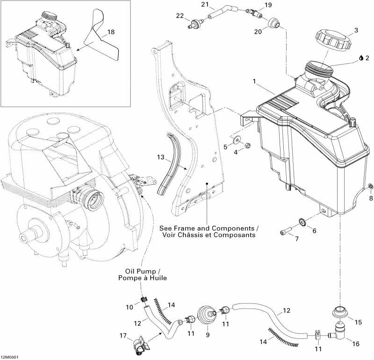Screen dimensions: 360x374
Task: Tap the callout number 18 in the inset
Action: coord(110,32)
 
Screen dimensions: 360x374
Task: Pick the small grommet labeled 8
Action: coord(370,187)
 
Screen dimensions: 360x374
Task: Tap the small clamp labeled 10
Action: coord(144,300)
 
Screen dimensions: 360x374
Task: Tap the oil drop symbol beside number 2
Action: coord(361,58)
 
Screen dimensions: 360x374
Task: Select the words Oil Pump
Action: coord(137,271)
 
